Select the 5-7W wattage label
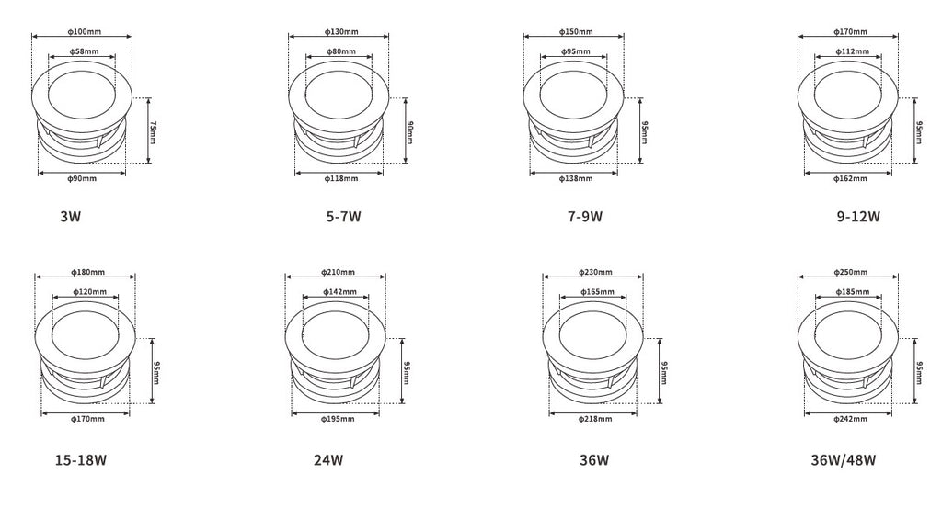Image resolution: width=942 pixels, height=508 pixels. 343,218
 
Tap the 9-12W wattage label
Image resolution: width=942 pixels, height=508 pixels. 858,218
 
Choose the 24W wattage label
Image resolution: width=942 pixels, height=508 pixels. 328,459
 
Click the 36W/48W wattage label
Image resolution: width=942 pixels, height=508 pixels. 844,459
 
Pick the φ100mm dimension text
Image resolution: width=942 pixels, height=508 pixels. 85,31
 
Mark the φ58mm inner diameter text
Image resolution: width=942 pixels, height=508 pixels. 83,51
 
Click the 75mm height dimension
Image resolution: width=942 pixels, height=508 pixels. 153,130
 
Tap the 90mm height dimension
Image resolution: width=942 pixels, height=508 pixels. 409,130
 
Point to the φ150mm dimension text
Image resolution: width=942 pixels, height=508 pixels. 577,31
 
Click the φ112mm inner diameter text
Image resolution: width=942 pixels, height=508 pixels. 847,51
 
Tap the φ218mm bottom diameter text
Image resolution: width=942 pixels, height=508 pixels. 593,419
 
